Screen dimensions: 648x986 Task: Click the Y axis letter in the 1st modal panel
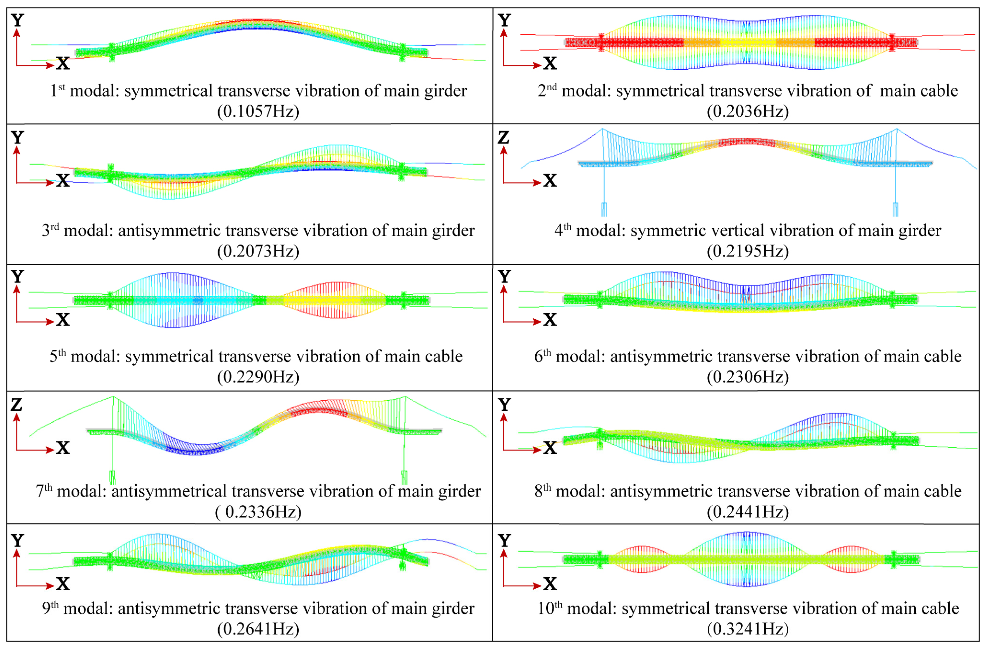(x=18, y=20)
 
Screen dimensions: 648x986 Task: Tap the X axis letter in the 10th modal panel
(x=550, y=584)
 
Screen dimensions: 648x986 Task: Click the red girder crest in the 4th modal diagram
(x=746, y=142)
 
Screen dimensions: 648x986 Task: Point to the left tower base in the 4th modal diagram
(x=604, y=209)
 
